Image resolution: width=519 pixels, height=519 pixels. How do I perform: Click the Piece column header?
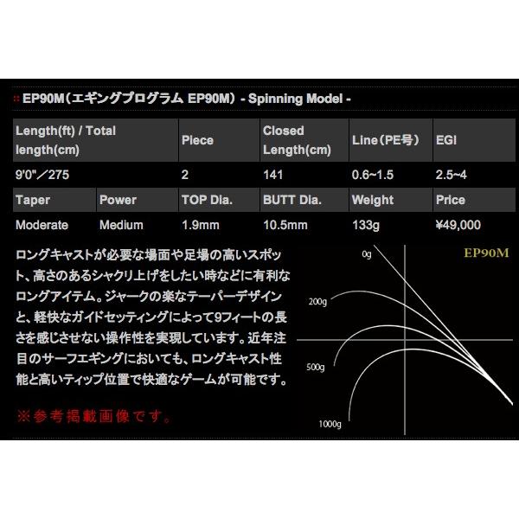pos(197,139)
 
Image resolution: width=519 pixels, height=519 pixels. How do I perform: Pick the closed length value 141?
pos(273,174)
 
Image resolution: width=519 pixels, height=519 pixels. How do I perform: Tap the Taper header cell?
pos(34,200)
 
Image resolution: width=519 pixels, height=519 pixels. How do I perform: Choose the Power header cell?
pos(119,200)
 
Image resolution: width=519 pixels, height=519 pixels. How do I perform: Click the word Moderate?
pos(42,225)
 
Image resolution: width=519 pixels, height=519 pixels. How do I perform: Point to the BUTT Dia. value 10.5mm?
pos(285,225)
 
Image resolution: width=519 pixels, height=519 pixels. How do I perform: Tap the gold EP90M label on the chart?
pos(466,255)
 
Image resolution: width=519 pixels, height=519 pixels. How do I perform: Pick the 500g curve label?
pos(317,364)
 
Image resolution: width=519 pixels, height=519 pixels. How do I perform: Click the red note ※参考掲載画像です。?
pos(93,416)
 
